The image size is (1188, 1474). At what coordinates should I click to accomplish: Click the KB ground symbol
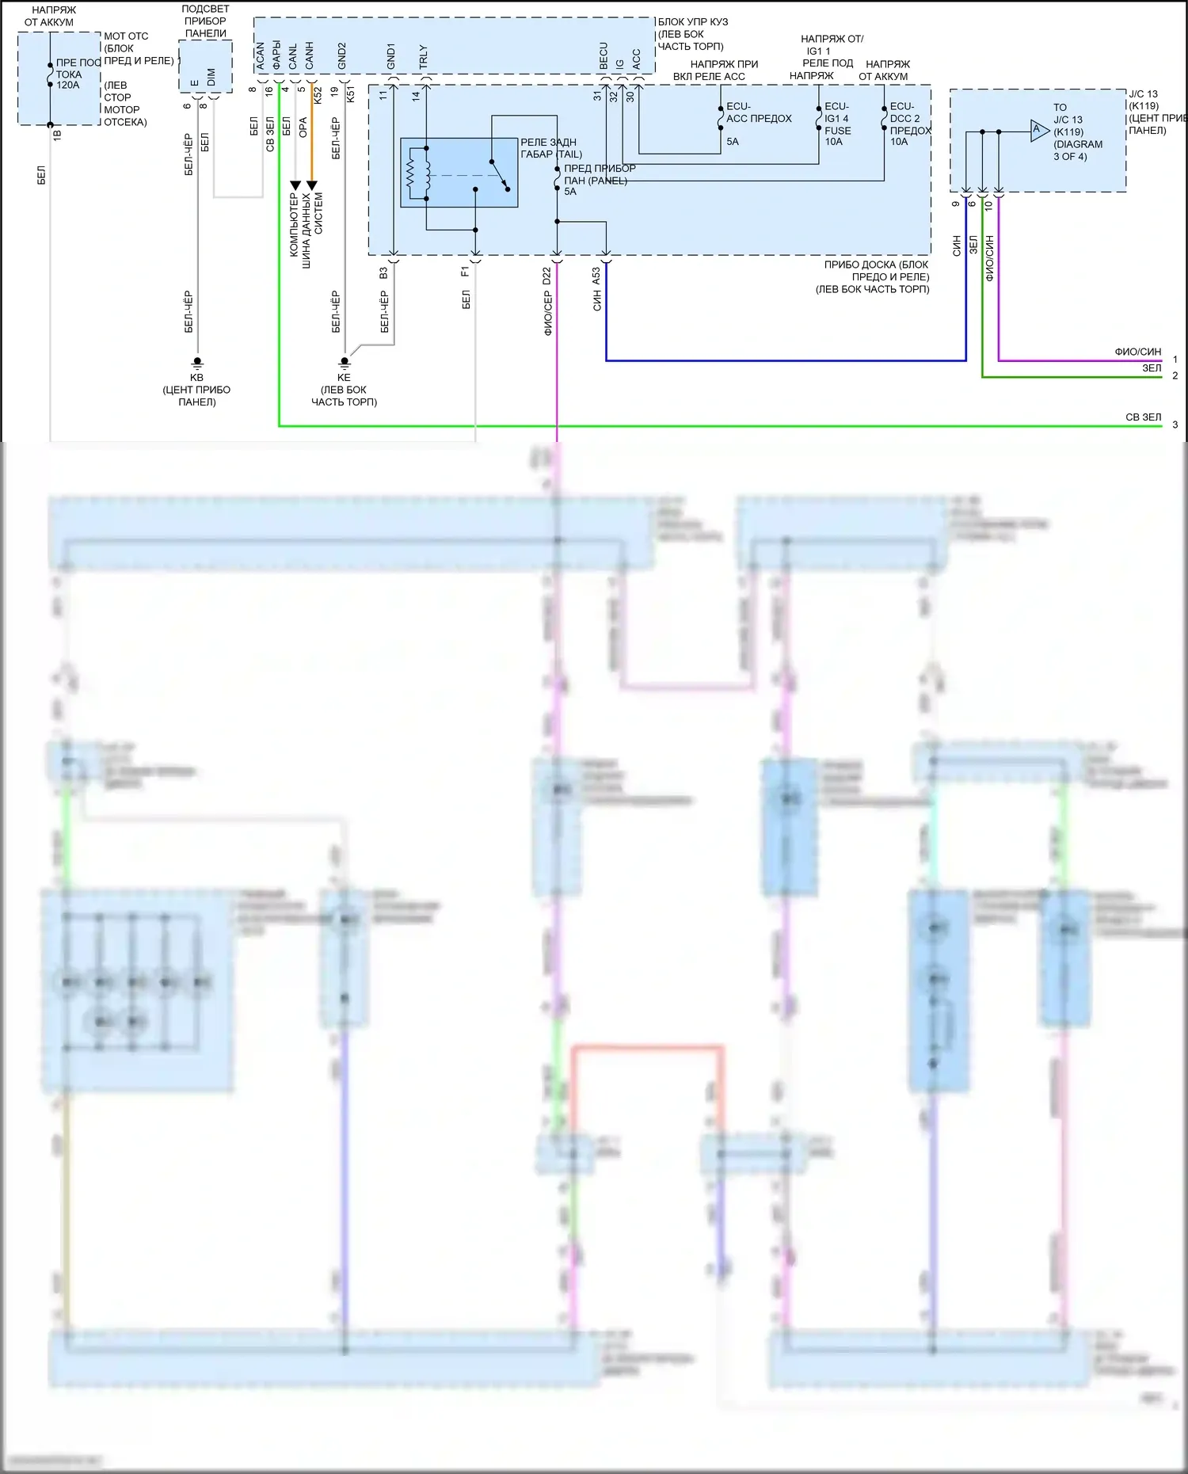pos(197,362)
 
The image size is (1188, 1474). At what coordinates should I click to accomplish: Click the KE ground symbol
pos(345,362)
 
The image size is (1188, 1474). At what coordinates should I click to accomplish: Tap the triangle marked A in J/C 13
pos(1038,131)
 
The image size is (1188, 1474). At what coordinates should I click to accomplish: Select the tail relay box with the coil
pos(459,173)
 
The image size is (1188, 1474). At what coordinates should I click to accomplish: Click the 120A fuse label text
pos(68,86)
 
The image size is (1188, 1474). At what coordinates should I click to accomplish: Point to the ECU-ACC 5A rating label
pos(733,142)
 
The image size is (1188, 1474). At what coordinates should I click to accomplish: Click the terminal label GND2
pos(342,56)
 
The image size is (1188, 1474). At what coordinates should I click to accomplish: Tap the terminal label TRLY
pos(423,56)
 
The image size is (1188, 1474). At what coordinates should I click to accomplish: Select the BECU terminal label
pos(604,55)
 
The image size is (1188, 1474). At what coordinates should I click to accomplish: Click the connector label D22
pos(546,276)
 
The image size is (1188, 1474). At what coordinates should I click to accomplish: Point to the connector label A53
pos(596,276)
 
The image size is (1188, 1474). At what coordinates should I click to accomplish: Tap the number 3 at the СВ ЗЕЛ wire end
pos(1175,425)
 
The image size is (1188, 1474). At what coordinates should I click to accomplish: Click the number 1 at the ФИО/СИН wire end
pos(1175,360)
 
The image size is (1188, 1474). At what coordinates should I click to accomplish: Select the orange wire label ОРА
pos(303,128)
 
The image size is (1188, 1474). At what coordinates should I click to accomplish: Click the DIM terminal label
pos(211,77)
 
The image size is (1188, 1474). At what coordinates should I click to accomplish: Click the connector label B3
pos(383,272)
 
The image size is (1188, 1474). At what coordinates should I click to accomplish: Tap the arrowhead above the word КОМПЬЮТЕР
pos(295,186)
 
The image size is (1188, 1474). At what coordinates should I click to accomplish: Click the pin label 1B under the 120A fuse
pos(57,135)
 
